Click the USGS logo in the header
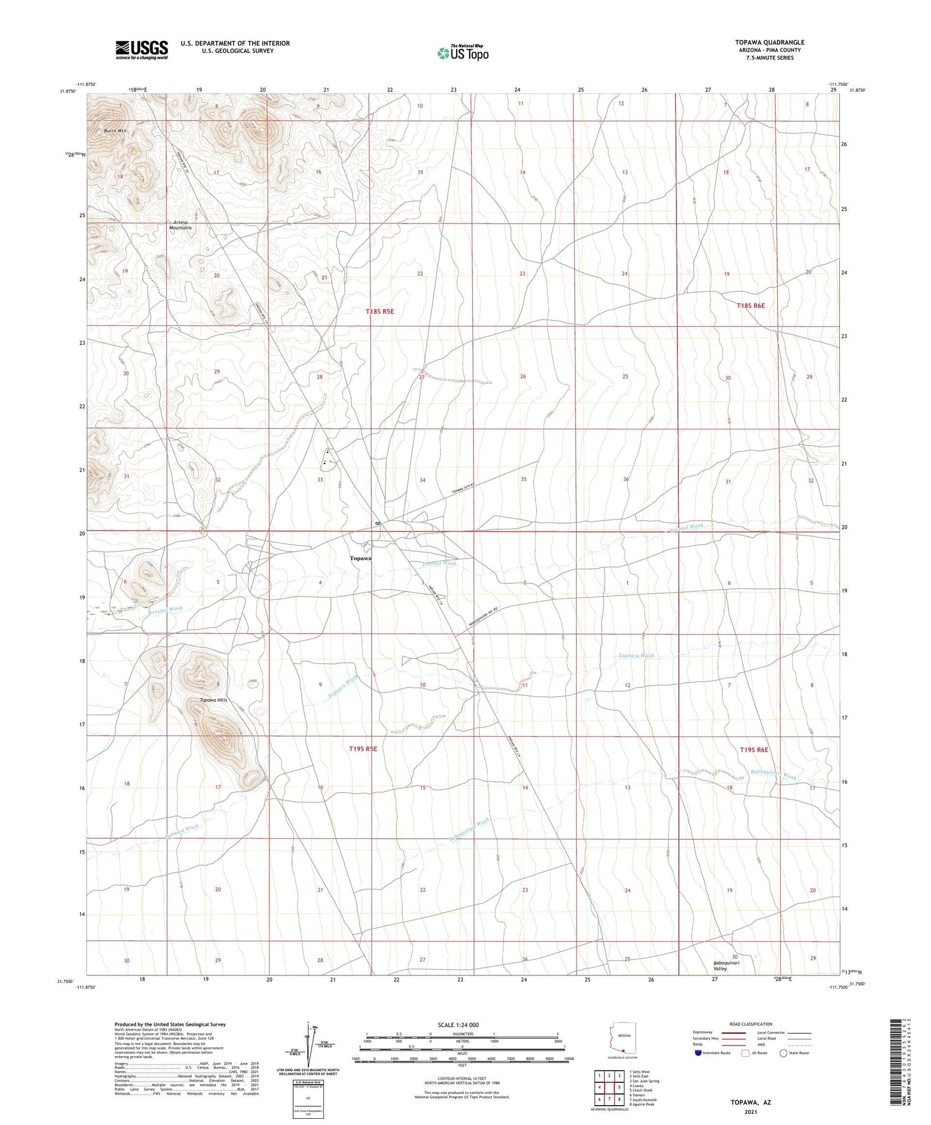pyautogui.click(x=141, y=50)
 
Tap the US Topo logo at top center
pyautogui.click(x=463, y=53)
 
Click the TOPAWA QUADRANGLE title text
pyautogui.click(x=769, y=42)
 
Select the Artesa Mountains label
pyautogui.click(x=181, y=225)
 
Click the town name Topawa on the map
pyautogui.click(x=360, y=558)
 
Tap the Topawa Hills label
pyautogui.click(x=213, y=700)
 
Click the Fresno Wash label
pyautogui.click(x=166, y=609)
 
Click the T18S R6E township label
pyautogui.click(x=751, y=305)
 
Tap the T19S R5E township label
pyautogui.click(x=363, y=749)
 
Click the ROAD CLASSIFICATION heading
pyautogui.click(x=751, y=1024)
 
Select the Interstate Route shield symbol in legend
pyautogui.click(x=698, y=1053)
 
